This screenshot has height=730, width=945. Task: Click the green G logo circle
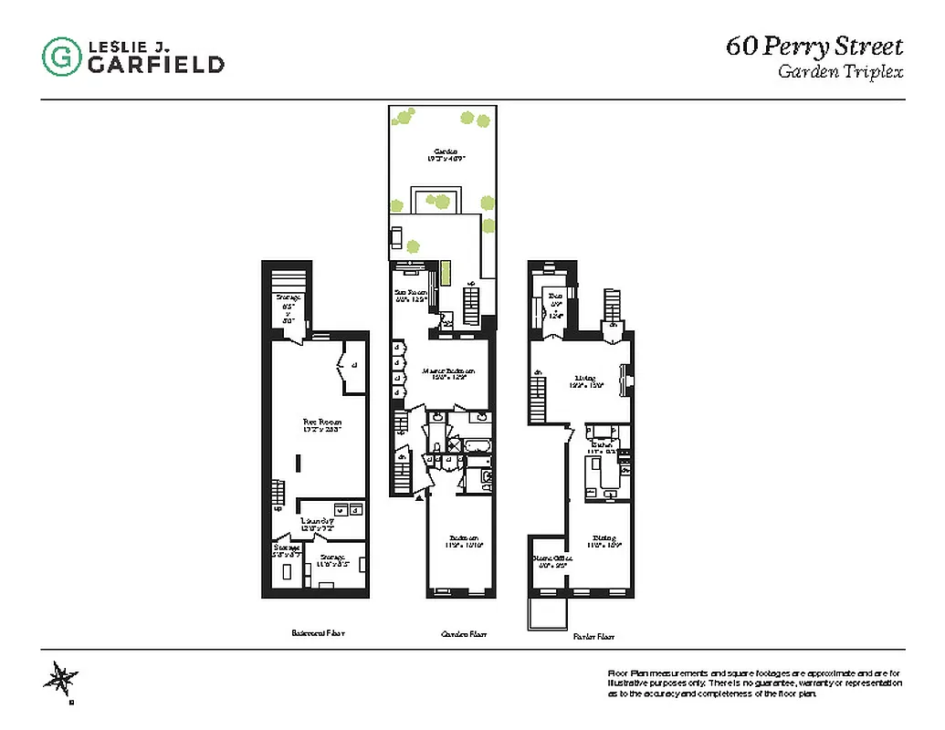point(61,56)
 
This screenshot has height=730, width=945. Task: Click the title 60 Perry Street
point(814,47)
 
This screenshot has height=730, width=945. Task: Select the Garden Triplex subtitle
point(840,72)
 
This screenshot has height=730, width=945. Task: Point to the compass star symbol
point(62,679)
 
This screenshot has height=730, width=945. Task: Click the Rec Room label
point(321,422)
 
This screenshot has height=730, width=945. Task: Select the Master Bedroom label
point(450,372)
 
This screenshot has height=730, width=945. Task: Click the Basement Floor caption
point(318,632)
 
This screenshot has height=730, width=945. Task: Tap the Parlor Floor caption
point(593,636)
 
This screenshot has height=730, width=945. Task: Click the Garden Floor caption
point(463,633)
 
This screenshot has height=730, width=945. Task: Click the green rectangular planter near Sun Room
point(446,273)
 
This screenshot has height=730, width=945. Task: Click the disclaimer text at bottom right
point(754,683)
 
